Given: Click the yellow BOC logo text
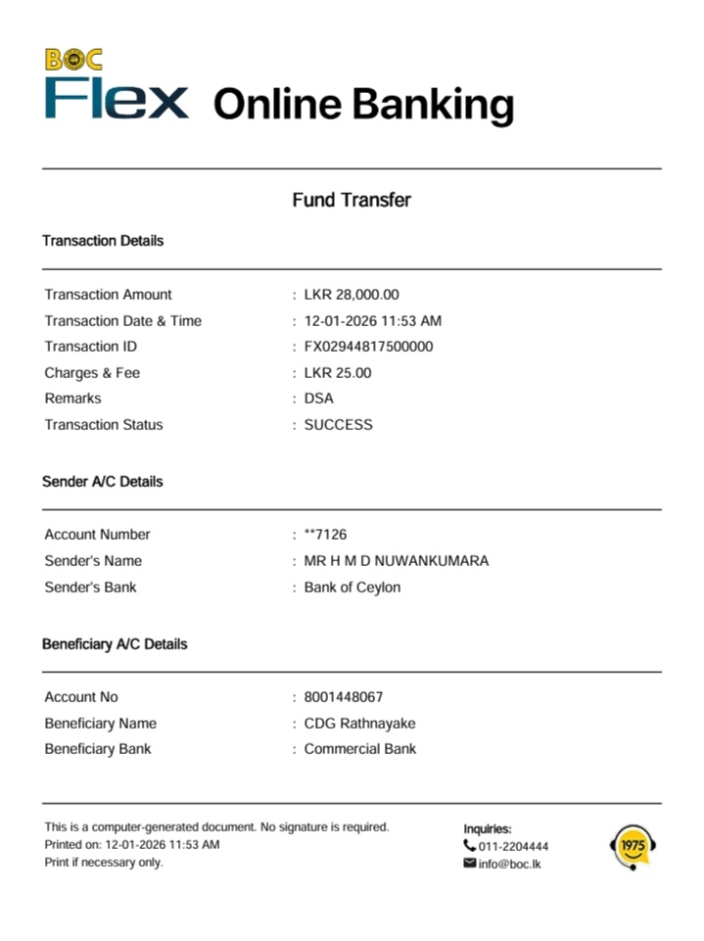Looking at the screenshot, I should click(x=73, y=60).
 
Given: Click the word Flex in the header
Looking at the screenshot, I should click(x=117, y=99).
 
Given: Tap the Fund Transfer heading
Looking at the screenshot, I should click(x=352, y=200).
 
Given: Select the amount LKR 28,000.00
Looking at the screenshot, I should click(x=352, y=295).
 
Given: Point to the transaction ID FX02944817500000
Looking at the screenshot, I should click(x=368, y=347).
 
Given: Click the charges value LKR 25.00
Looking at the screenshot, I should click(x=338, y=373).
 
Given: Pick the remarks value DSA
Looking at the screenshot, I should click(x=318, y=399).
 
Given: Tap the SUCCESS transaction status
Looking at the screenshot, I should click(x=338, y=425).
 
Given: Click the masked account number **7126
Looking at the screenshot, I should click(x=325, y=535).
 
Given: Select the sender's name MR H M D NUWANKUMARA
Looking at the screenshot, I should click(x=396, y=561).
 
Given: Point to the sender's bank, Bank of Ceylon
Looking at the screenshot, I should click(x=352, y=588).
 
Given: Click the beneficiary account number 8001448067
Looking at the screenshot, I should click(x=344, y=697).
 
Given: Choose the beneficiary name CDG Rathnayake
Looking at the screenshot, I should click(x=359, y=724).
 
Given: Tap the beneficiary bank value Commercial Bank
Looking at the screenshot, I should click(x=359, y=749).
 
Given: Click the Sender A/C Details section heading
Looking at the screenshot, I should click(x=103, y=482).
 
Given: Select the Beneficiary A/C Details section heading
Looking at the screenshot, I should click(x=115, y=644).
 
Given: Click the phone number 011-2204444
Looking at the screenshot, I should click(x=513, y=846).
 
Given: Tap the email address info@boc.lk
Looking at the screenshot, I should click(x=509, y=864).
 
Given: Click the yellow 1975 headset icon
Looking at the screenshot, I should click(x=633, y=847).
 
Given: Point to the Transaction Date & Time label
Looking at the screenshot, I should click(x=122, y=321).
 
